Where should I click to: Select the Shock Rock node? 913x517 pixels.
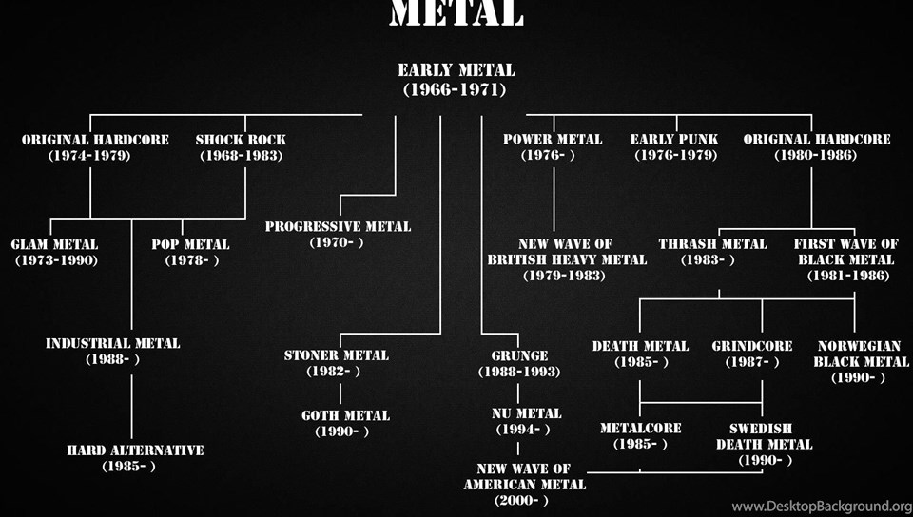point(241,147)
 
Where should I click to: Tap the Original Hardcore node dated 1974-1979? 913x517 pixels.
point(95,147)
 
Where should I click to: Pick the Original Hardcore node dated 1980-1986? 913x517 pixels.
point(816,147)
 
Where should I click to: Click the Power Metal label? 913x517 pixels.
point(553,147)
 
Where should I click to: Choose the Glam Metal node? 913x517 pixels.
point(55,252)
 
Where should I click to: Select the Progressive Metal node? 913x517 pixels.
point(338,234)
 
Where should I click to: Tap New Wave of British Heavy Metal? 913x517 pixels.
point(566,259)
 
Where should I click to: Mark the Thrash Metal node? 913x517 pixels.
point(712,252)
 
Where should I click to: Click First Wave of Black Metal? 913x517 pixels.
point(846,259)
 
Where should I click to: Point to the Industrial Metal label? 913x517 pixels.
point(112,351)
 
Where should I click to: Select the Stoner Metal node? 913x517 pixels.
point(337,363)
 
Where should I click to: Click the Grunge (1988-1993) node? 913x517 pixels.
point(518,363)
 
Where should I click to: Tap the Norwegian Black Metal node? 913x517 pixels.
point(858,361)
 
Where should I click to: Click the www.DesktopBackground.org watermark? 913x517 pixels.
point(821,507)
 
